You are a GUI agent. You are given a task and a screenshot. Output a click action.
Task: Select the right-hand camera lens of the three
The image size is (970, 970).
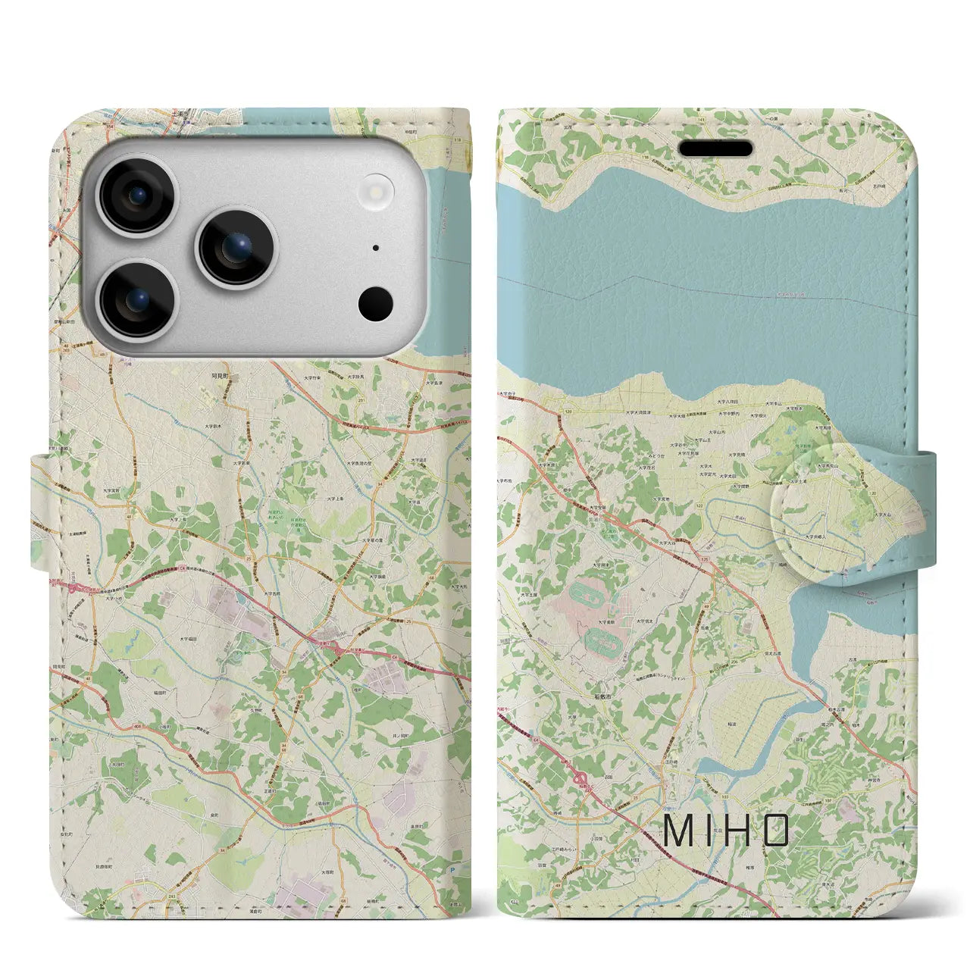click(x=236, y=246)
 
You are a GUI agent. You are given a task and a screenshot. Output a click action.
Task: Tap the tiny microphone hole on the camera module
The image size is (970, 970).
click(x=376, y=248)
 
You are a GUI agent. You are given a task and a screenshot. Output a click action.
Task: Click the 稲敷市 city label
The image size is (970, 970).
click(x=603, y=695)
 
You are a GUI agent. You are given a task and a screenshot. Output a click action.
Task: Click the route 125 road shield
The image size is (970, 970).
click(x=706, y=559)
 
